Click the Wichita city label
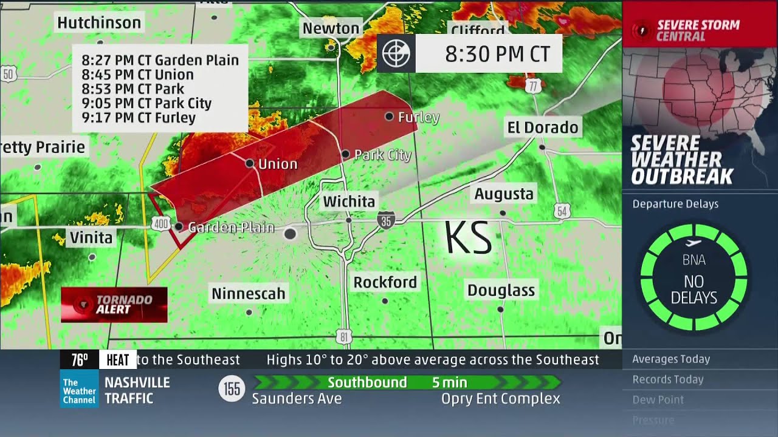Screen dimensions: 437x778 click(349, 202)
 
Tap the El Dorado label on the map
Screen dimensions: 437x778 click(543, 127)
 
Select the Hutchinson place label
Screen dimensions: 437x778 click(99, 23)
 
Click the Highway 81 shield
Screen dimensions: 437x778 click(344, 336)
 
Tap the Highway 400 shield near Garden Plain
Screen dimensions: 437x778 click(160, 224)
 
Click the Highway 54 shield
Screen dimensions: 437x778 click(562, 211)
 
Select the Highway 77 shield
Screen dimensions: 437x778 click(533, 86)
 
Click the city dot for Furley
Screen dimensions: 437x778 click(389, 116)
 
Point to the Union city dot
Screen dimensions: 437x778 click(249, 163)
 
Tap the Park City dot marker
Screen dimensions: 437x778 click(345, 154)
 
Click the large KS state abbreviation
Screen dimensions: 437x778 click(467, 238)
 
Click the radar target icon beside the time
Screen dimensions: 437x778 click(396, 54)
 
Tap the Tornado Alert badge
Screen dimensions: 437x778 click(114, 304)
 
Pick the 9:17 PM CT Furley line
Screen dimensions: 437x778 click(139, 118)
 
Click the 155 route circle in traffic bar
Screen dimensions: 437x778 click(232, 388)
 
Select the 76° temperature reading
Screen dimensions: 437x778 click(80, 360)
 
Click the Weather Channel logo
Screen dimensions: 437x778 click(79, 391)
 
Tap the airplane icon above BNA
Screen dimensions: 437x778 click(693, 243)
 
